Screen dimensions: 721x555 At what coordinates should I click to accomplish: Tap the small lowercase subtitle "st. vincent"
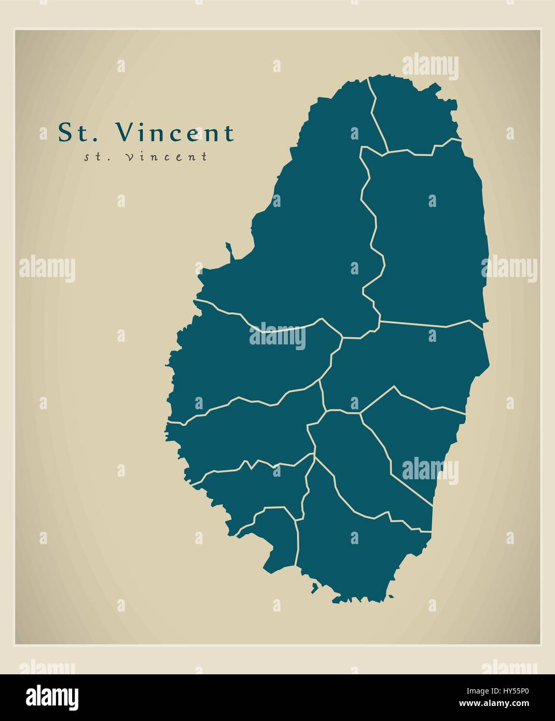(x=146, y=156)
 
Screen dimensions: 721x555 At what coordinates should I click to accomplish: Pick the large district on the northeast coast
(x=431, y=239)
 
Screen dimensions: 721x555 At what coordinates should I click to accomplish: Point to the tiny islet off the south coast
(x=314, y=588)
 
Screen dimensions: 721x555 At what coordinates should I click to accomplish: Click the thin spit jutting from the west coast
(x=229, y=251)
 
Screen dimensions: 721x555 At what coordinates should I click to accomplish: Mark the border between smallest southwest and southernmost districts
(x=297, y=539)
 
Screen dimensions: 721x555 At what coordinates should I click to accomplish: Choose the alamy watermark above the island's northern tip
(x=430, y=67)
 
